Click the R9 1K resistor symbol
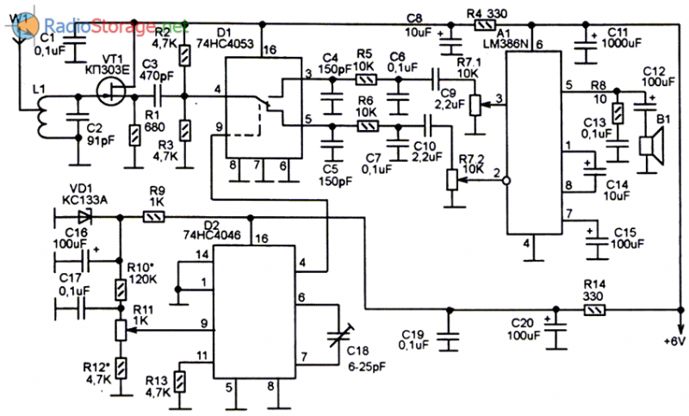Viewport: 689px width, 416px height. [155, 218]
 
